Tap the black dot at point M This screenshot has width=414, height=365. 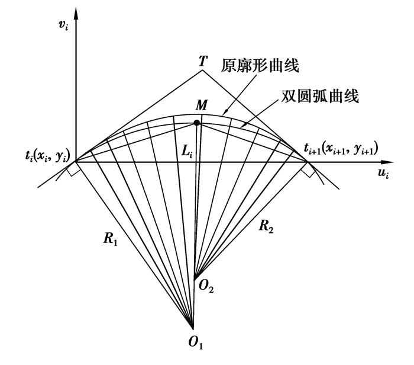click(197, 123)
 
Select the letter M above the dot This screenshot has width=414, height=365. click(202, 106)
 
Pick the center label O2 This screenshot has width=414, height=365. click(205, 288)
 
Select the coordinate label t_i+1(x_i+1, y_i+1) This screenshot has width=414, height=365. click(341, 148)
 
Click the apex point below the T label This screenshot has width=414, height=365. click(202, 70)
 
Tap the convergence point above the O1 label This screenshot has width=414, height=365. click(193, 328)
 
